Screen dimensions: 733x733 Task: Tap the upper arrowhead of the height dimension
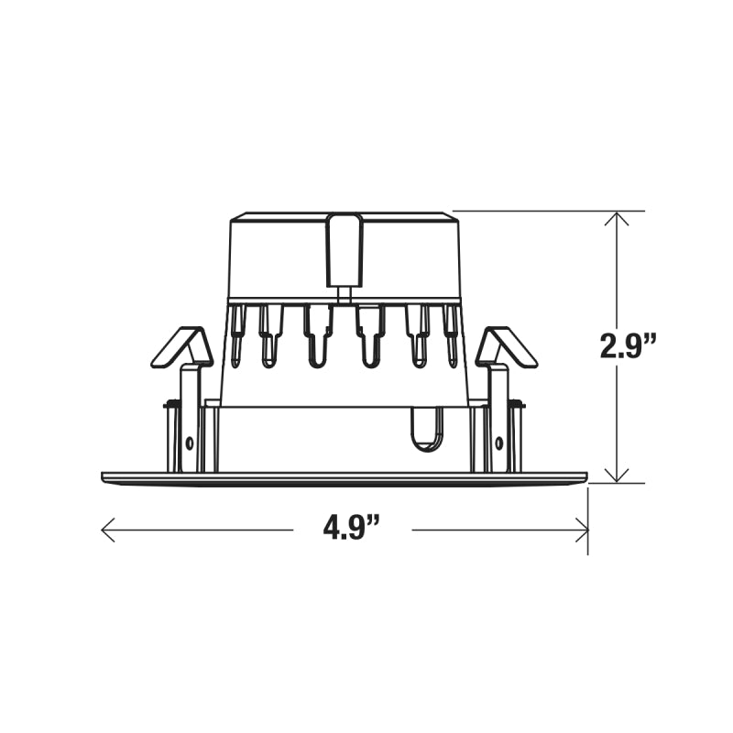click(x=617, y=218)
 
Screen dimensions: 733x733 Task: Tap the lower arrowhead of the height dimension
click(x=617, y=475)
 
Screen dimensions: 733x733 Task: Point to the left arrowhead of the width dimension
click(x=108, y=530)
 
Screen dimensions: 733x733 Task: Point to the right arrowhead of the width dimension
click(x=581, y=530)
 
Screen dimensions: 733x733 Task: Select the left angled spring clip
click(x=181, y=346)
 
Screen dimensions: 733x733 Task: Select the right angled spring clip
click(x=507, y=346)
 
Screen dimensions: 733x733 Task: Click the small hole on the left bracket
click(x=190, y=443)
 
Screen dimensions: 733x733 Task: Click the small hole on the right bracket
click(x=499, y=443)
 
